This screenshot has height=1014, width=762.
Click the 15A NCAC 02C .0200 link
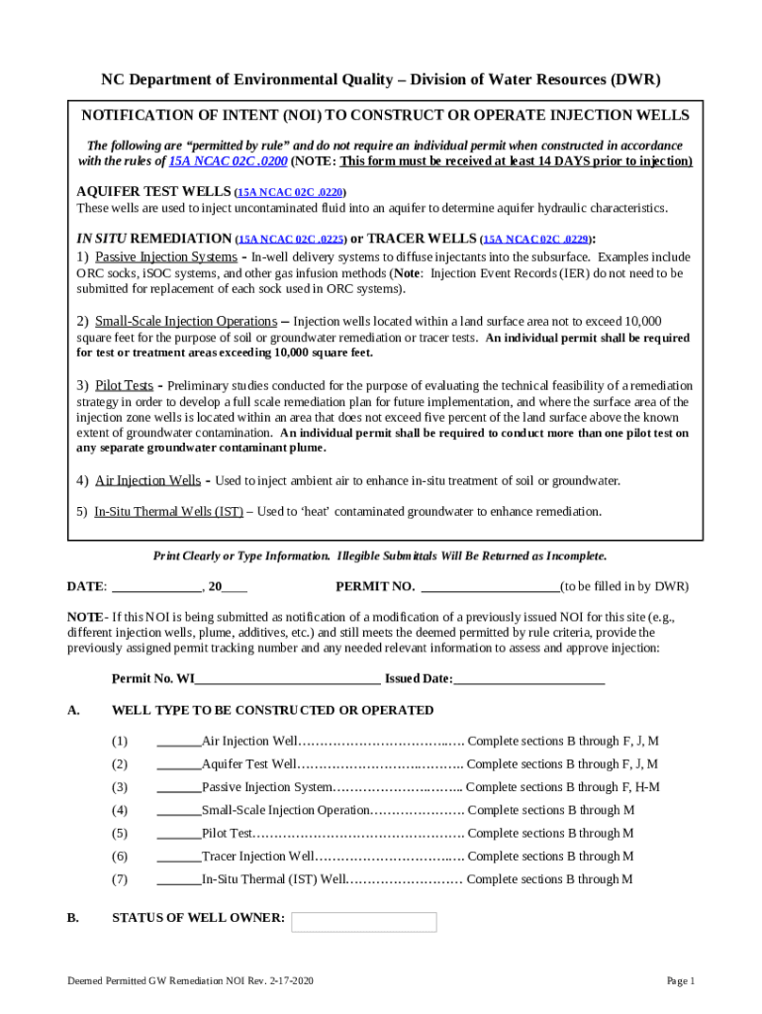pyautogui.click(x=213, y=160)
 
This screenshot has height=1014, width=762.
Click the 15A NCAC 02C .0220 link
pyautogui.click(x=291, y=192)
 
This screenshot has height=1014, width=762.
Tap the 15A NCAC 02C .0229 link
pyautogui.click(x=536, y=240)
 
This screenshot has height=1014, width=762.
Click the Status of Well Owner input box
pyautogui.click(x=363, y=922)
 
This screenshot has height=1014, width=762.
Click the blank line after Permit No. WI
pyautogui.click(x=287, y=679)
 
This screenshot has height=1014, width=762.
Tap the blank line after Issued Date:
pyautogui.click(x=528, y=679)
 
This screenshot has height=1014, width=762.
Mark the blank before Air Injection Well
pyautogui.click(x=178, y=742)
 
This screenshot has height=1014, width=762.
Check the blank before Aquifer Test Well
pyautogui.click(x=178, y=764)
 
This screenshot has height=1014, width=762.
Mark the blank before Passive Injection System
pyautogui.click(x=178, y=787)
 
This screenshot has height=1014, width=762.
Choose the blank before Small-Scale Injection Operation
pyautogui.click(x=178, y=811)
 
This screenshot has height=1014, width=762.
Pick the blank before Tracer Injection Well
pyautogui.click(x=178, y=857)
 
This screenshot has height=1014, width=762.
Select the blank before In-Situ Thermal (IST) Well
pyautogui.click(x=178, y=879)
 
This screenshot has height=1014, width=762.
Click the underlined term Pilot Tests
pyautogui.click(x=124, y=385)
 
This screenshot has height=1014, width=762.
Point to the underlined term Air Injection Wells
pyautogui.click(x=147, y=480)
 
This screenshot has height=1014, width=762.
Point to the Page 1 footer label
pyautogui.click(x=681, y=981)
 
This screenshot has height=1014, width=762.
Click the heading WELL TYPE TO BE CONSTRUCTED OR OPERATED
pyautogui.click(x=272, y=710)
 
